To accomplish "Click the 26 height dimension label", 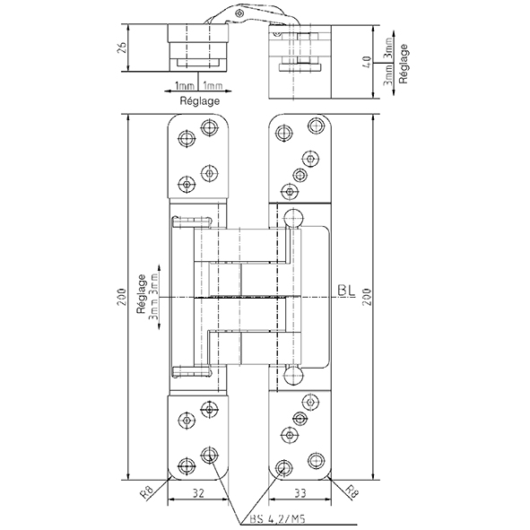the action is pyautogui.click(x=123, y=48).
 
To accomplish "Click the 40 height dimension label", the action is pyautogui.click(x=368, y=62).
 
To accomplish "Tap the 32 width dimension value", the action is pyautogui.click(x=198, y=493).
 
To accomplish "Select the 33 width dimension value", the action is pyautogui.click(x=300, y=493).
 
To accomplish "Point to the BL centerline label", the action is pyautogui.click(x=346, y=291).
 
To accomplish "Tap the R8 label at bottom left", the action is pyautogui.click(x=148, y=492).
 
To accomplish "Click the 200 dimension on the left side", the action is pyautogui.click(x=122, y=297).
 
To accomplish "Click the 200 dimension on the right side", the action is pyautogui.click(x=368, y=297).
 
